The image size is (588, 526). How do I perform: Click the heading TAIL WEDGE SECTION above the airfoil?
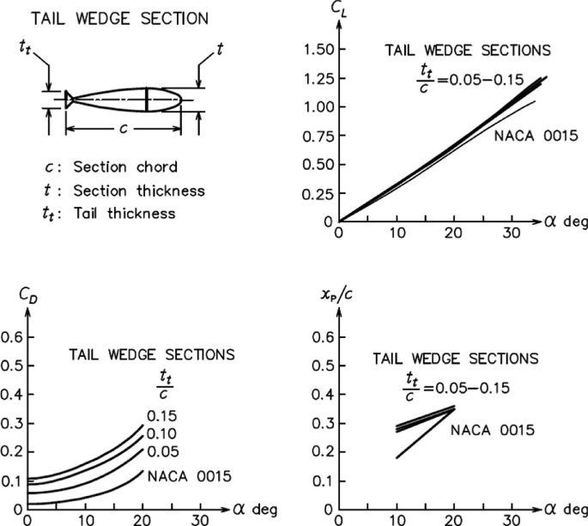click(x=110, y=17)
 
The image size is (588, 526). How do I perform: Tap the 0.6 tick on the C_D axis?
click(x=12, y=337)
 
